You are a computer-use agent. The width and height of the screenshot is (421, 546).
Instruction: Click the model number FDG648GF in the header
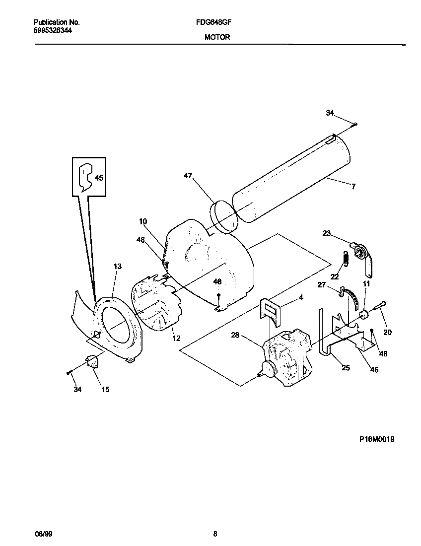[x=217, y=22]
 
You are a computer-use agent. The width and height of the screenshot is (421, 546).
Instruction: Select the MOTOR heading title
[x=217, y=37]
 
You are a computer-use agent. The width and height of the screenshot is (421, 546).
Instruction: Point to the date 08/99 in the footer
[x=42, y=534]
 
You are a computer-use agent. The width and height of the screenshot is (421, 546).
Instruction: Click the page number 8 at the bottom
[x=215, y=534]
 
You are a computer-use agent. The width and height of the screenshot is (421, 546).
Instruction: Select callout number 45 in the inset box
[x=99, y=177]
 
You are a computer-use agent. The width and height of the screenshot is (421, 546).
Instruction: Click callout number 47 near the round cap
[x=188, y=175]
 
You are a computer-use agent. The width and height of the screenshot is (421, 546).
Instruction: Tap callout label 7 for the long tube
[x=353, y=187]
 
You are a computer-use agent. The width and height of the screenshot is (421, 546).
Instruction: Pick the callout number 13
[x=117, y=267]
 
